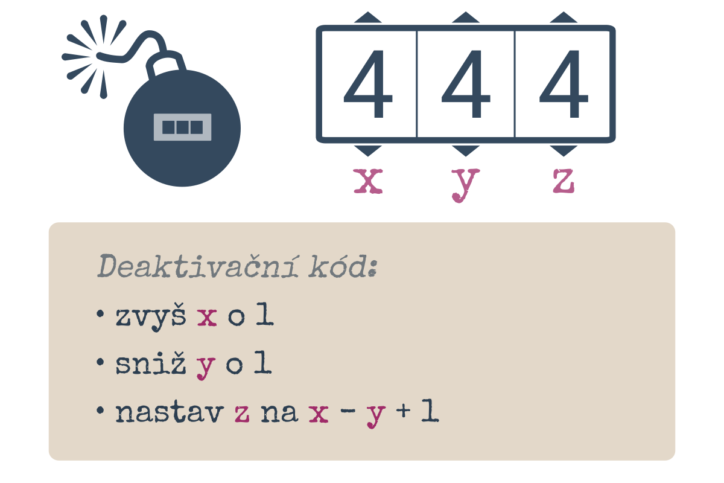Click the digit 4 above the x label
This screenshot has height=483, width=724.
tap(368, 84)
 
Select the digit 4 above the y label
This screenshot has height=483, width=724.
tap(466, 84)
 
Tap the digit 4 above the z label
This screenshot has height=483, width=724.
tap(564, 84)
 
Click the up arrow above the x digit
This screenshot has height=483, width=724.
tap(368, 17)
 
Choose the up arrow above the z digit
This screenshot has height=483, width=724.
tap(564, 17)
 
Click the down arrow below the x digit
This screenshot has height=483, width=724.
tap(368, 151)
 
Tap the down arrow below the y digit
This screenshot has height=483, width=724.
tap(466, 151)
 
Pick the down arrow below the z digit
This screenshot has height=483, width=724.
tap(564, 151)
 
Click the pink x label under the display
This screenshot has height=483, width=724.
tap(368, 181)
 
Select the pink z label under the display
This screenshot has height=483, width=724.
tap(564, 181)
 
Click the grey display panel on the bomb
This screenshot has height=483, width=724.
tap(182, 127)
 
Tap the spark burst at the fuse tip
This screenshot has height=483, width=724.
tap(93, 57)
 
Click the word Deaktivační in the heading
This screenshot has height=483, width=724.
tap(198, 266)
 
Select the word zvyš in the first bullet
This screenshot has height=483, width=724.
tap(151, 318)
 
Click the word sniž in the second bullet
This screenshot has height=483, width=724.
tap(151, 363)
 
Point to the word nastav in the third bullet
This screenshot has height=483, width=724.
tap(170, 412)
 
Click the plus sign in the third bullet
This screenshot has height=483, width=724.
tap(404, 410)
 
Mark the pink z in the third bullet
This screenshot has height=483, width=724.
tap(242, 414)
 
